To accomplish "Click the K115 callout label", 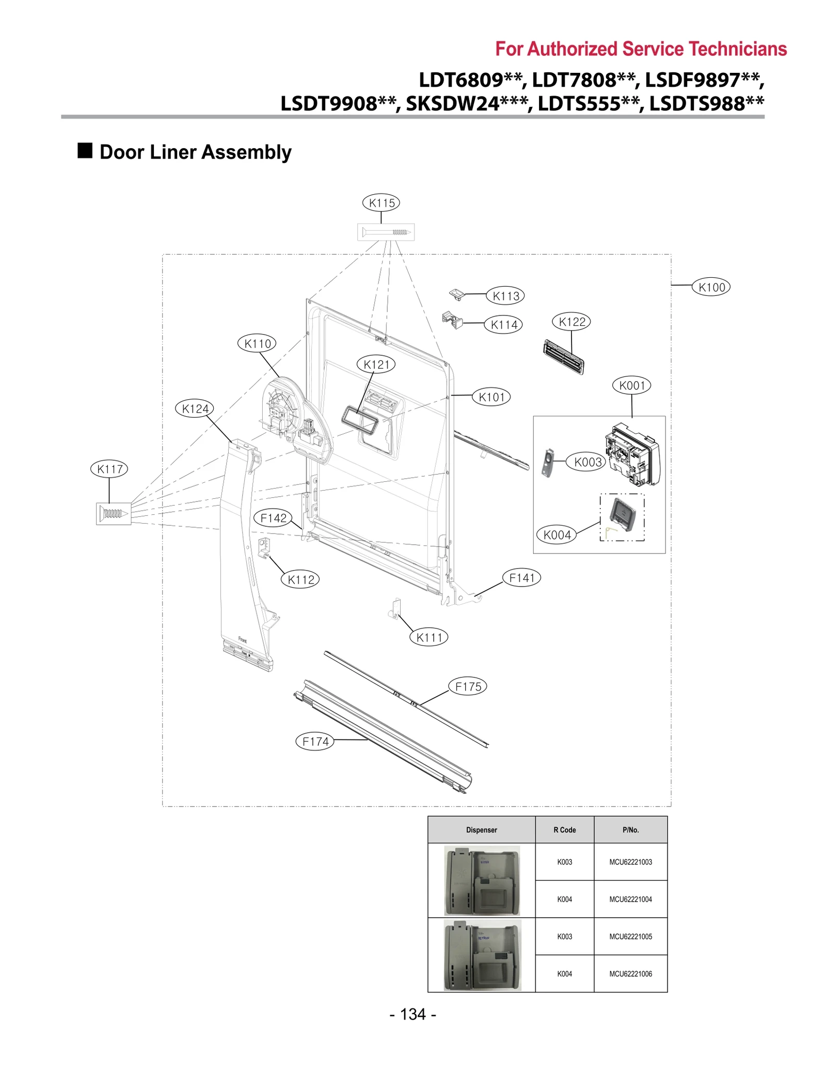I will pos(381,203).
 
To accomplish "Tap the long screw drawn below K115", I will pos(386,232).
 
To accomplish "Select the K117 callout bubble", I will pos(109,469).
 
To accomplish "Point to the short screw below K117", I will pos(113,513).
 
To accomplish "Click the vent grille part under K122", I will pos(563,356).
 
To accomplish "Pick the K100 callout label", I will pos(711,287).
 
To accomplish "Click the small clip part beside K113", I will pos(456,294).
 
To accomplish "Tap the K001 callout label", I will pos(632,385).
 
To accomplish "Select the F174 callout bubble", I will pos(315,742).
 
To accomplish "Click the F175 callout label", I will pos(468,687).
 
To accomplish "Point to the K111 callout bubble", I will pos(429,637).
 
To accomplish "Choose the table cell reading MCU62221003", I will pos(630,862).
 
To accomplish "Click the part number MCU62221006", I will pos(630,973).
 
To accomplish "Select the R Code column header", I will pos(564,830).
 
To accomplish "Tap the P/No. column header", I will pos(630,830).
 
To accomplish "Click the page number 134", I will pos(413,1014).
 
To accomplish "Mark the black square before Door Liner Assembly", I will pos(85,151).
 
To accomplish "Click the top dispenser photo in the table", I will pos(482,880).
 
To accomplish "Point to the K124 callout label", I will pos(195,408).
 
